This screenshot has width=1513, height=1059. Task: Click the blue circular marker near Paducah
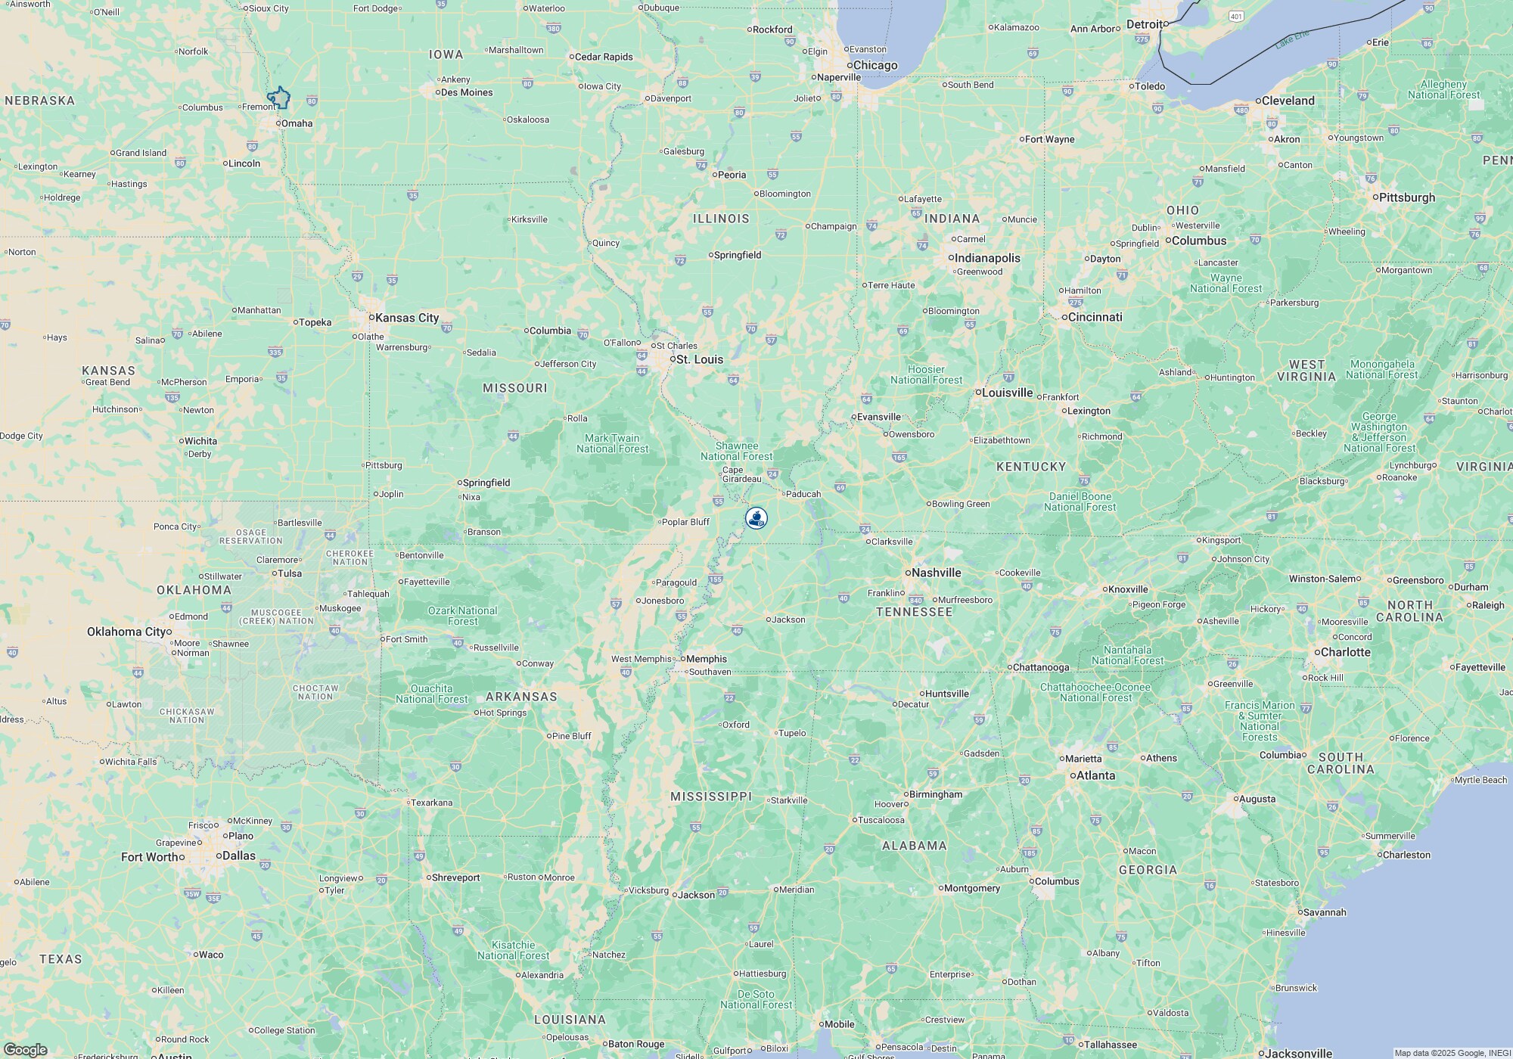[x=756, y=518]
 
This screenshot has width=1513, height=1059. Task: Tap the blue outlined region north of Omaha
[x=279, y=98]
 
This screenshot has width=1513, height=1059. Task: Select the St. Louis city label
[x=699, y=359]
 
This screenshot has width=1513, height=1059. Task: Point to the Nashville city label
[x=936, y=573]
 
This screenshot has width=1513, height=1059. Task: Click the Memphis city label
[x=706, y=659]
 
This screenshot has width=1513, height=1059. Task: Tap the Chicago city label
[x=875, y=65]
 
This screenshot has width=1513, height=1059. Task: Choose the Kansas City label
[x=407, y=318]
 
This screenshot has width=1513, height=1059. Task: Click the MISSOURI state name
[x=514, y=388]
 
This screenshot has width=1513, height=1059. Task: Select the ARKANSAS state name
[x=521, y=697]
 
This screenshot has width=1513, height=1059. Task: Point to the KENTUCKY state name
[x=1031, y=467]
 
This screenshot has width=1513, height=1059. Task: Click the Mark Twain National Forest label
[x=612, y=443]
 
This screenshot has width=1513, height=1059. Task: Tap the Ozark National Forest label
[x=462, y=616]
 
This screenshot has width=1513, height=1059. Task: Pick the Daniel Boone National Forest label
[x=1080, y=502]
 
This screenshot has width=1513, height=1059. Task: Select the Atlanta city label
[x=1095, y=775]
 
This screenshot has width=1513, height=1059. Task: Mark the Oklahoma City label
[x=126, y=632]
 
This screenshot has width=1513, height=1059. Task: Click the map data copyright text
[x=1452, y=1053]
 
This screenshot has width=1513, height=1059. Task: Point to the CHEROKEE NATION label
[x=350, y=557]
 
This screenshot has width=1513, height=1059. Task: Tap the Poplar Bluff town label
[x=685, y=522]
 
